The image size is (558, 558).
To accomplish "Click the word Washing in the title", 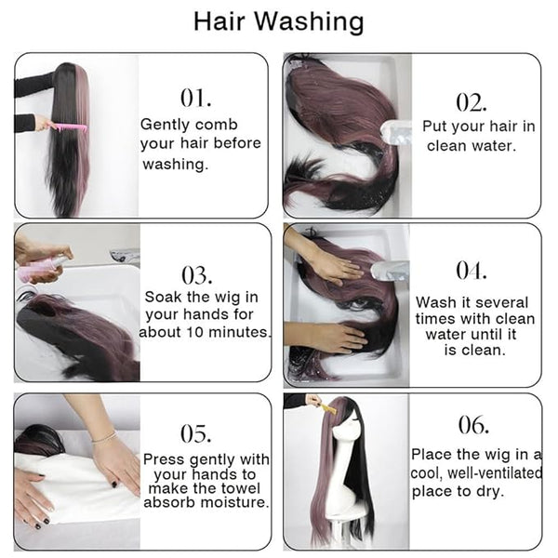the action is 310,21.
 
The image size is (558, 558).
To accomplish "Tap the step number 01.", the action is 195,98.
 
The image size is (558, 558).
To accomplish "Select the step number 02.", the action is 472,102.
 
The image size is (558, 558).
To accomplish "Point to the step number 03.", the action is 197,275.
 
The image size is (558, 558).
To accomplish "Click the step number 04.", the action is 472,271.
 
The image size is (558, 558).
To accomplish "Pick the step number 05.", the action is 195,433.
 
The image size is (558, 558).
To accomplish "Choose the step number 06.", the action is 473,425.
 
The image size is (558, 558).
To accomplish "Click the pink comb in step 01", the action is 68,127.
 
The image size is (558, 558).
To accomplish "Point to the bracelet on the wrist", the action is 104,437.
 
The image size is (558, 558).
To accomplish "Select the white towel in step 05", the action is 76,487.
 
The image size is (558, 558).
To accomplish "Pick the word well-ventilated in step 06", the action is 495,473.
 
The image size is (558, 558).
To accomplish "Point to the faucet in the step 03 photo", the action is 124,255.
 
